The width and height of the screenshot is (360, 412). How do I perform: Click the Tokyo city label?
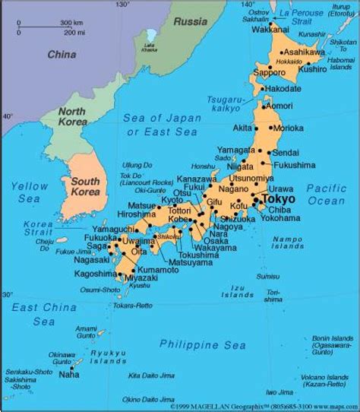[278, 198]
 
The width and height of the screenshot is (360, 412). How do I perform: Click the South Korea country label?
[87, 187]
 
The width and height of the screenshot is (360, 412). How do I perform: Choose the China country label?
[62, 54]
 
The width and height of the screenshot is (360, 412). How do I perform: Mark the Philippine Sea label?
[203, 344]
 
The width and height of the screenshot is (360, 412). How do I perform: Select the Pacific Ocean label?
[326, 195]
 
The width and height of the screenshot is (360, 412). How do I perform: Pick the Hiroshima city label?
[137, 214]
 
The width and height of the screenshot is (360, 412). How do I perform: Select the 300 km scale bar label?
[72, 24]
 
